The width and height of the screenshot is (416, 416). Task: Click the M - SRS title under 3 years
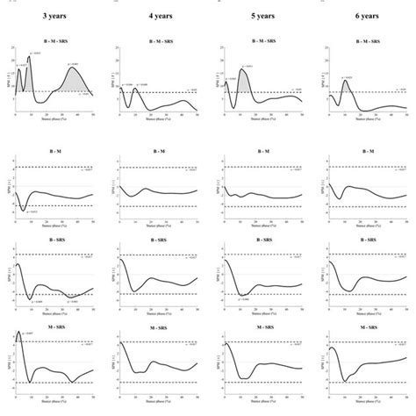(x=54, y=326)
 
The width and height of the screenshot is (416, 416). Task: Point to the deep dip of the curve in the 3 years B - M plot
(x=24, y=210)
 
